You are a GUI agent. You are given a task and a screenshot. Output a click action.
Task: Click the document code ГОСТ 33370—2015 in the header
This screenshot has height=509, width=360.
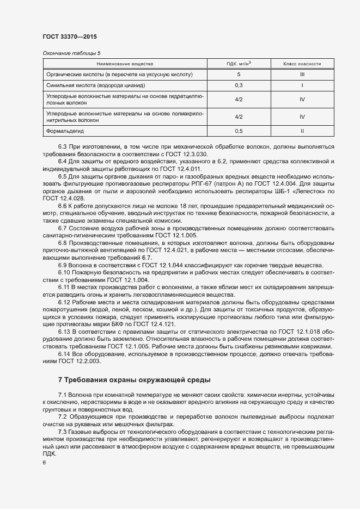coord(69,36)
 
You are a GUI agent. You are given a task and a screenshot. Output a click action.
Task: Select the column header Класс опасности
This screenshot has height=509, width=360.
coord(302,64)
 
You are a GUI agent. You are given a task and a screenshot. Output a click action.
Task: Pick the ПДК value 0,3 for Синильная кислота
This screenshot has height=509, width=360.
coord(239,85)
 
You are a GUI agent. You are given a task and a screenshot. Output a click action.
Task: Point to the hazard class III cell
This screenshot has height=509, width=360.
coord(302,74)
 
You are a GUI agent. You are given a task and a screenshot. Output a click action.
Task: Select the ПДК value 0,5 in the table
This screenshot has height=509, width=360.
coord(239,131)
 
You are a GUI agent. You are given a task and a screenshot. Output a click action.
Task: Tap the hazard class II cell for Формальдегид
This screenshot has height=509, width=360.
coord(302,131)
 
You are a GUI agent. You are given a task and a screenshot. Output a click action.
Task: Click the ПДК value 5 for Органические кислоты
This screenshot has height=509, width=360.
coord(239,74)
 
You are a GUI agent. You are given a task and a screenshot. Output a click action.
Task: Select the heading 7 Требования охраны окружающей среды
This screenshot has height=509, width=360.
coord(134,379)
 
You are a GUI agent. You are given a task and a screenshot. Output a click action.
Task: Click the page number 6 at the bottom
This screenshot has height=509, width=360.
coord(44,463)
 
